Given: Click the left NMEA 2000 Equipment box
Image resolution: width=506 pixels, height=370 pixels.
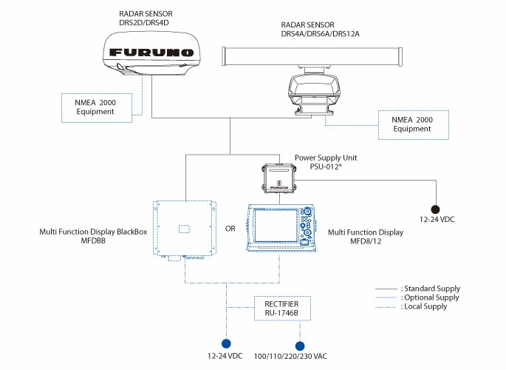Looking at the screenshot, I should (x=95, y=106).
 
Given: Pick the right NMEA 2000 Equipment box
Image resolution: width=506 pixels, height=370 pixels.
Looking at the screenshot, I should (x=413, y=123).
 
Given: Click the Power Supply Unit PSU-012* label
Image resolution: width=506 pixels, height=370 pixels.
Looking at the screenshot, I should (x=326, y=163).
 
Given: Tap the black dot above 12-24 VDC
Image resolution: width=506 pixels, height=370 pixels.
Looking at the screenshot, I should (x=436, y=209).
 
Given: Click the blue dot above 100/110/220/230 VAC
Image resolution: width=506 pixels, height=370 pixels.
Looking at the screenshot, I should (x=301, y=345).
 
